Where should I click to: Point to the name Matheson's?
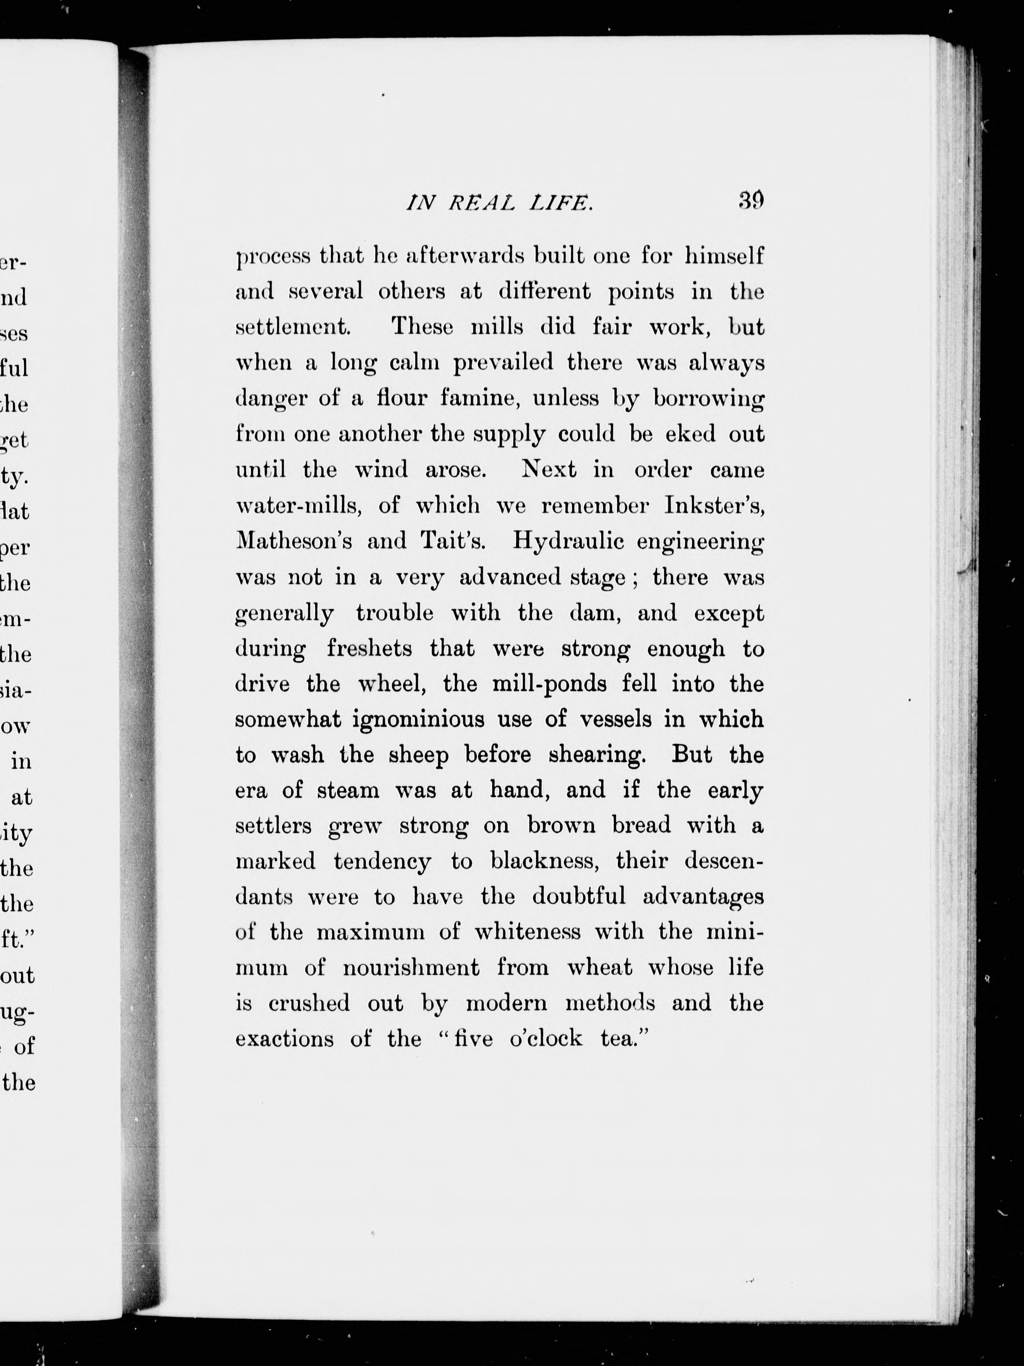(294, 541)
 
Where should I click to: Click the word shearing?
(596, 755)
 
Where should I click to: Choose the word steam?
(348, 791)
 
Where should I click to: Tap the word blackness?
(545, 861)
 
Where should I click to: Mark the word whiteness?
(528, 932)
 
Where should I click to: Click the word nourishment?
(411, 968)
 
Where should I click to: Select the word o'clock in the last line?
(546, 1039)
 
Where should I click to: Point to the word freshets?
(369, 649)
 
